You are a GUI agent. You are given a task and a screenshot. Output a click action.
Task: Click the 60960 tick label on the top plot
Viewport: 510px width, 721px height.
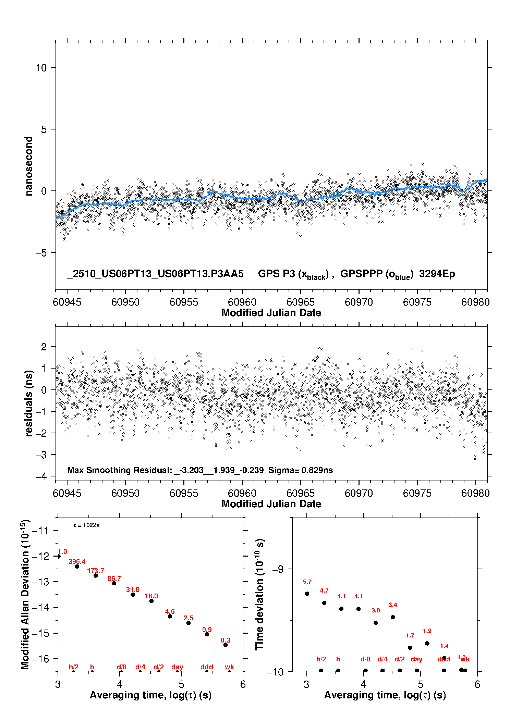tap(242, 302)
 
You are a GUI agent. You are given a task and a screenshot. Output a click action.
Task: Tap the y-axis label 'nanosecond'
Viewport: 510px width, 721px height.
tap(29, 166)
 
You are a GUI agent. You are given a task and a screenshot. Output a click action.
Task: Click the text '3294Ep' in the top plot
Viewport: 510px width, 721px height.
tap(437, 274)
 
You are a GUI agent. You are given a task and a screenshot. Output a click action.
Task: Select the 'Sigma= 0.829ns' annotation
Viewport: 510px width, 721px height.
tap(301, 470)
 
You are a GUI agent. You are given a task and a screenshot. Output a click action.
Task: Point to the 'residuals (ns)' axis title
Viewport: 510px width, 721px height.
tap(29, 403)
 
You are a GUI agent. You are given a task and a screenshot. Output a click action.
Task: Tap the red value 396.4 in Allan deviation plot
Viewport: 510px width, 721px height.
tap(77, 561)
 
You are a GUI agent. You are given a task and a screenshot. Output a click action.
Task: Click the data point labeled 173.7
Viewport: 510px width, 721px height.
tap(96, 575)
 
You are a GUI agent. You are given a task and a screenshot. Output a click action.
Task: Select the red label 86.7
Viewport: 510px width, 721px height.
tap(114, 579)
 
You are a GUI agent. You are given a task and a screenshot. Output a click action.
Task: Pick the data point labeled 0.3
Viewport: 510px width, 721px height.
tap(226, 645)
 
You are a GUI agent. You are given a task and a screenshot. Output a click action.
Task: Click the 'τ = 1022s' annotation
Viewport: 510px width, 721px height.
tap(86, 525)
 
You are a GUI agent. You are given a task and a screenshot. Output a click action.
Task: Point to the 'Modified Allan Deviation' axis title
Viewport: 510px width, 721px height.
tap(25, 594)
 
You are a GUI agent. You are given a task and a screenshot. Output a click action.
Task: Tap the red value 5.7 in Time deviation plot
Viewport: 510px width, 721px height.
tap(307, 582)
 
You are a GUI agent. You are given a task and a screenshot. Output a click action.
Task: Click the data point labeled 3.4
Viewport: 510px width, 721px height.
tap(393, 617)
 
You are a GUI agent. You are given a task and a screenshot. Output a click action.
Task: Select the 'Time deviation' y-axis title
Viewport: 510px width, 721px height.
tap(259, 595)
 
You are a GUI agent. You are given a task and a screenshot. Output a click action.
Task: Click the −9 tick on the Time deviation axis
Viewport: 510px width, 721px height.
tap(277, 569)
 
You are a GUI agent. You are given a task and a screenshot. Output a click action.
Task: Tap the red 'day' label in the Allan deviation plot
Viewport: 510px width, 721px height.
tap(177, 667)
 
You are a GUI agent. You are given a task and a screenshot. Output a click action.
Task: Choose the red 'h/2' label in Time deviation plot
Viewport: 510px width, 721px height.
tap(321, 659)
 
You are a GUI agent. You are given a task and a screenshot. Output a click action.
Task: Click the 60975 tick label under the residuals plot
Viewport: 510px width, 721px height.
tap(417, 493)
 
